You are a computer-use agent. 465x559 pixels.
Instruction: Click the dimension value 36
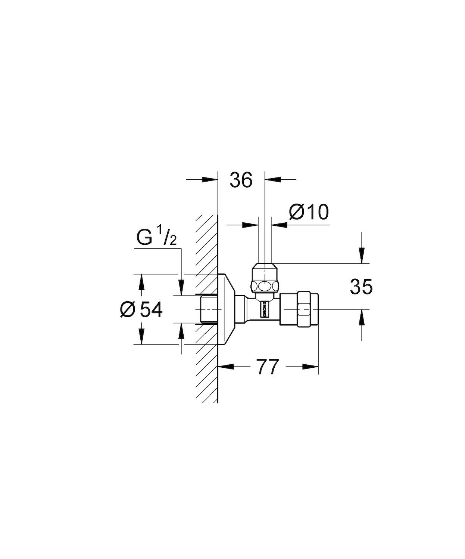pyautogui.click(x=241, y=180)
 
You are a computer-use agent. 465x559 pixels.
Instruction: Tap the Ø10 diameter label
pyautogui.click(x=309, y=212)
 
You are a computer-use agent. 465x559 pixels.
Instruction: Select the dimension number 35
pyautogui.click(x=361, y=287)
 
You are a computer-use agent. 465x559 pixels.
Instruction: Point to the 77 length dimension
pyautogui.click(x=268, y=367)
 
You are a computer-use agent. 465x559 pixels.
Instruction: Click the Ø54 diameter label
pyautogui.click(x=141, y=310)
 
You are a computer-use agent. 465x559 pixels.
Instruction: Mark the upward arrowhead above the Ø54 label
pyautogui.click(x=141, y=282)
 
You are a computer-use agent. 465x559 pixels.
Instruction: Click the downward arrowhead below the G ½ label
pyautogui.click(x=181, y=288)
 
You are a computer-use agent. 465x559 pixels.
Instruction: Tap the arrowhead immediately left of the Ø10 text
pyautogui.click(x=280, y=225)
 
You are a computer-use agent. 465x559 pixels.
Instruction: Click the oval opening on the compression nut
pyautogui.click(x=265, y=287)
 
